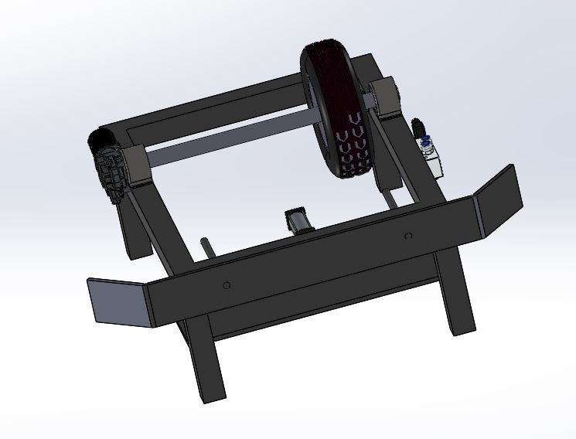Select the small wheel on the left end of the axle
(108, 166)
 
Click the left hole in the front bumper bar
(226, 285)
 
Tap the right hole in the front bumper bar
(407, 235)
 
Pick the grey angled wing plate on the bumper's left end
(116, 301)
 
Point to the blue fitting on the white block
(425, 141)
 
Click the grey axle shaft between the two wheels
(232, 144)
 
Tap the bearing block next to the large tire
(383, 96)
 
